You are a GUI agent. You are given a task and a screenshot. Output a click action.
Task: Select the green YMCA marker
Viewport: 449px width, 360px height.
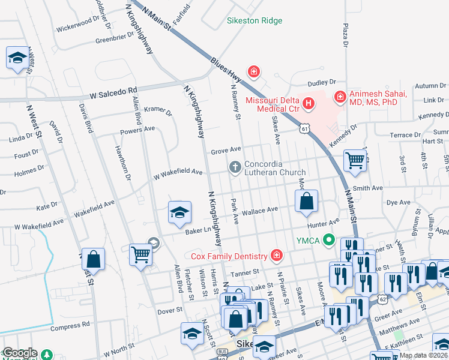328,241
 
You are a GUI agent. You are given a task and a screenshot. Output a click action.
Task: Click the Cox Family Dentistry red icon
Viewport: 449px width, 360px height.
276,256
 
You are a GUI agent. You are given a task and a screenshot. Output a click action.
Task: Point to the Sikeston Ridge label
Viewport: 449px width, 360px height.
254,20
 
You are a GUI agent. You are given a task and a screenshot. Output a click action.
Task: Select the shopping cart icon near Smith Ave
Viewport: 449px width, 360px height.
355,160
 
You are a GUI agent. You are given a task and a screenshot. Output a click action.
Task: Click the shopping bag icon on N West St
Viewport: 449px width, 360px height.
93,260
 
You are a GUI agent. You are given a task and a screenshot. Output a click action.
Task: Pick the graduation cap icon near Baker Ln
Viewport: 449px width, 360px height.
179,213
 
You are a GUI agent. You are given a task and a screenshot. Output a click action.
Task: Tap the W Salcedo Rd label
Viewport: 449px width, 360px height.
113,95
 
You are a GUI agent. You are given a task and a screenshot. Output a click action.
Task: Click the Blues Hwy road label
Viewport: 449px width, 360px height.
229,70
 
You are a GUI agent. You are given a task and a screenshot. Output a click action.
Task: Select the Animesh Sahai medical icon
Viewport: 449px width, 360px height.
340,95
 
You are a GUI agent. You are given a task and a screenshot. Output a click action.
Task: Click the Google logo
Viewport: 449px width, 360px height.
19,353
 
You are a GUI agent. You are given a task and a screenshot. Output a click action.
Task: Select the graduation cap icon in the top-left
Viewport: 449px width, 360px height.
17,58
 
